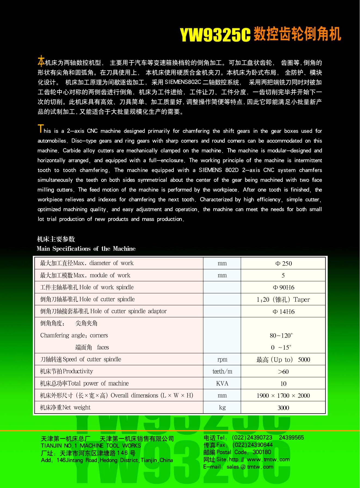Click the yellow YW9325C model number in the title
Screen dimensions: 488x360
(x=215, y=35)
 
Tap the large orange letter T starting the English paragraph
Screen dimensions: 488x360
(x=41, y=129)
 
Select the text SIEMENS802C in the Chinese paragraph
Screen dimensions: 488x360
(x=183, y=82)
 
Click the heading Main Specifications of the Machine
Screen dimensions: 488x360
(x=86, y=248)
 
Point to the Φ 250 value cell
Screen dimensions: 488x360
(x=283, y=263)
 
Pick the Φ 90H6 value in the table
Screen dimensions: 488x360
(x=283, y=287)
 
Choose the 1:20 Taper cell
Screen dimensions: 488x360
(x=283, y=300)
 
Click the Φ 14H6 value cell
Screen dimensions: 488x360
(x=283, y=312)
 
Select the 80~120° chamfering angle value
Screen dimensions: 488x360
(x=281, y=335)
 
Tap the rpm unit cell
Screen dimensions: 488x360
(x=222, y=359)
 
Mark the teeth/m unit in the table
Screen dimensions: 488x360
(x=222, y=371)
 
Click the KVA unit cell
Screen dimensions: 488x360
(x=222, y=383)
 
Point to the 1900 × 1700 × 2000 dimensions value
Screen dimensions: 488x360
(x=283, y=396)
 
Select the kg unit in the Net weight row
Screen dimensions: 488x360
(x=222, y=408)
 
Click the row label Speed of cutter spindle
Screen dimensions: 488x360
(x=81, y=359)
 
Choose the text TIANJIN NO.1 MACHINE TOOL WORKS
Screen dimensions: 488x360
(x=91, y=446)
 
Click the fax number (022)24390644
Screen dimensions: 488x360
(x=253, y=445)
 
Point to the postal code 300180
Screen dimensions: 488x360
(x=262, y=452)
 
